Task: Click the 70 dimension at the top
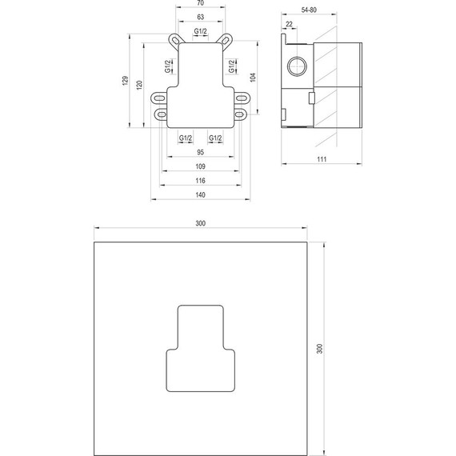pos(200,5)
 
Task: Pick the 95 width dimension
pos(201,152)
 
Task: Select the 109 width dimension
pos(201,166)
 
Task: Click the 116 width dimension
pos(201,180)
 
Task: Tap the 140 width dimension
pos(201,194)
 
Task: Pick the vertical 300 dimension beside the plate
pos(320,349)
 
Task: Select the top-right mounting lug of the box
pos(227,39)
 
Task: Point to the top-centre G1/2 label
pos(202,31)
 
